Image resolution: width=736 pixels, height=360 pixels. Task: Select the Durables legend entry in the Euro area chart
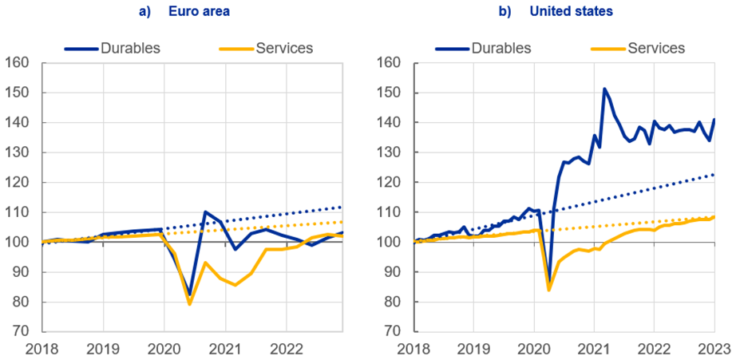click(x=130, y=48)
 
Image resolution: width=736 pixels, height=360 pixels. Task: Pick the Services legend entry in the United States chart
click(x=656, y=48)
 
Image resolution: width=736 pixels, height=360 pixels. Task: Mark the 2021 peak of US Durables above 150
click(x=604, y=89)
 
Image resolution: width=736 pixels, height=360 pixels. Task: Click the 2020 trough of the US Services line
click(x=548, y=290)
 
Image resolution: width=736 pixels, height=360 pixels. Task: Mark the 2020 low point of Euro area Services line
click(x=189, y=304)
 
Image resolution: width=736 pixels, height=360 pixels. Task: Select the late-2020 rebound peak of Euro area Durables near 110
click(x=205, y=212)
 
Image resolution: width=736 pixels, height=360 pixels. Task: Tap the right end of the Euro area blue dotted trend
click(x=342, y=207)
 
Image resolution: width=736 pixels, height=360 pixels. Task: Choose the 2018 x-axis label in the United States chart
click(x=413, y=350)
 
